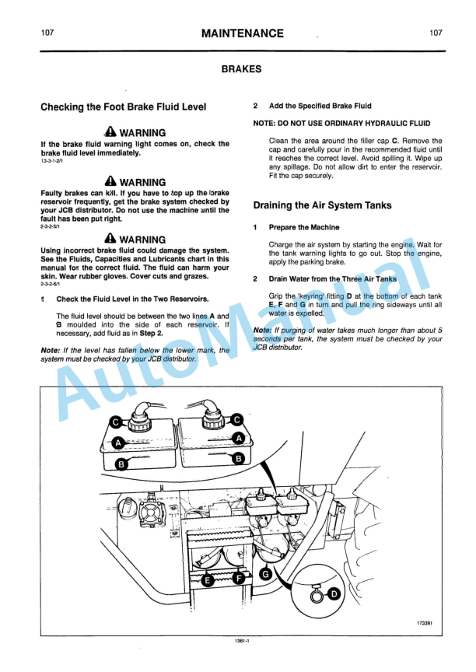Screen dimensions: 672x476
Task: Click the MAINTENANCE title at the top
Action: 242,33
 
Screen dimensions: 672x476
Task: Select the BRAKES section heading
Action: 241,69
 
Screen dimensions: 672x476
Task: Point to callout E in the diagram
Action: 208,579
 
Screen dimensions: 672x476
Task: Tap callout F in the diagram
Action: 239,579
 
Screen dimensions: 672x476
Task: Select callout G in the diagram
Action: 265,574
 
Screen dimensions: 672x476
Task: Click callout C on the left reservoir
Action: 115,422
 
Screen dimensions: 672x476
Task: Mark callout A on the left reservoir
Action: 118,442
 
